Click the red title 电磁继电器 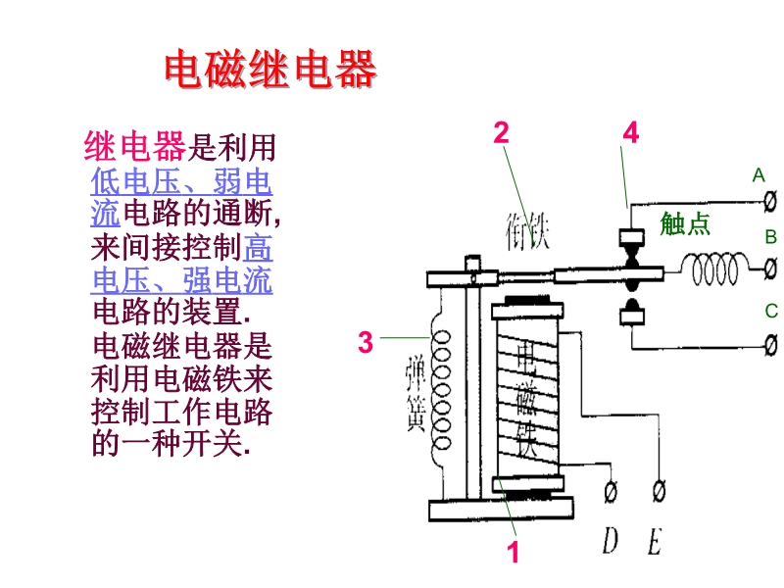coord(269,71)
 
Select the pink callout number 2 coord(502,133)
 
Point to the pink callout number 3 coord(366,343)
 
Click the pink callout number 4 coord(631,133)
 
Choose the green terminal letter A coord(758,175)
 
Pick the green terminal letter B coord(770,237)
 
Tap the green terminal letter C coord(770,312)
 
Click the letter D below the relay coord(612,540)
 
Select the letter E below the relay coord(654,540)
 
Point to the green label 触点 coord(685,223)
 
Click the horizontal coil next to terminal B coord(712,266)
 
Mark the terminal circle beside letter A coord(770,200)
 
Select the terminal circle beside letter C coord(770,344)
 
